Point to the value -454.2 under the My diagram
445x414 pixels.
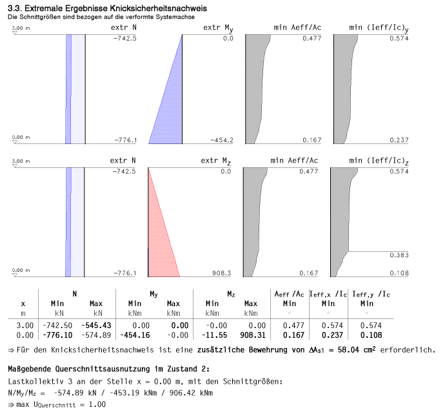221,140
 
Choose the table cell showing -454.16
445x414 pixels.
135,335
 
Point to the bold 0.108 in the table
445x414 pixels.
368,335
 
